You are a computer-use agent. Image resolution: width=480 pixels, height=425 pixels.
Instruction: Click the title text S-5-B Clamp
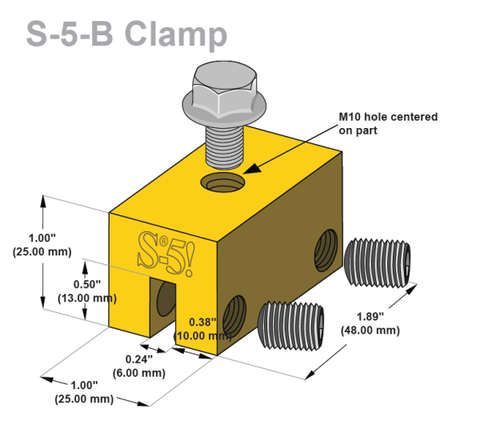tap(126, 33)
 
